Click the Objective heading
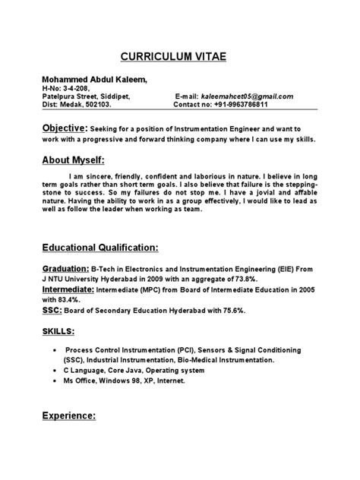(x=64, y=129)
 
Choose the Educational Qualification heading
(x=99, y=248)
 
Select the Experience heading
(x=68, y=416)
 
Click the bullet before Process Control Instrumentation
(x=58, y=352)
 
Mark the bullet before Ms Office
(x=58, y=381)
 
